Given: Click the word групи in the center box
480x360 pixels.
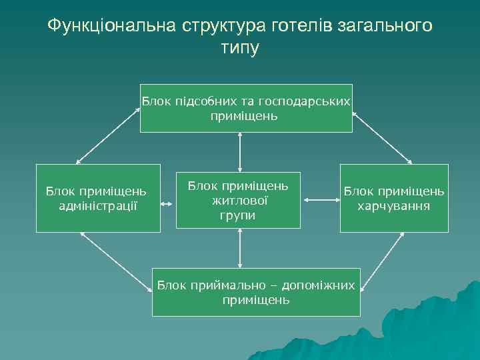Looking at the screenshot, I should (238, 215).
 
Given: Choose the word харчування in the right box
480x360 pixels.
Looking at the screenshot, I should (394, 205).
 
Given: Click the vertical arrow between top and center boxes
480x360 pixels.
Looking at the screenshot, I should (239, 151).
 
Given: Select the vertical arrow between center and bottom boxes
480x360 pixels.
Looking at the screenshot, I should (239, 248).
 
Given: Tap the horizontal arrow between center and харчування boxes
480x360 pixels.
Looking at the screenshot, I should (321, 198).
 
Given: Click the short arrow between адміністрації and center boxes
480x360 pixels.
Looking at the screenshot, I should (168, 198).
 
